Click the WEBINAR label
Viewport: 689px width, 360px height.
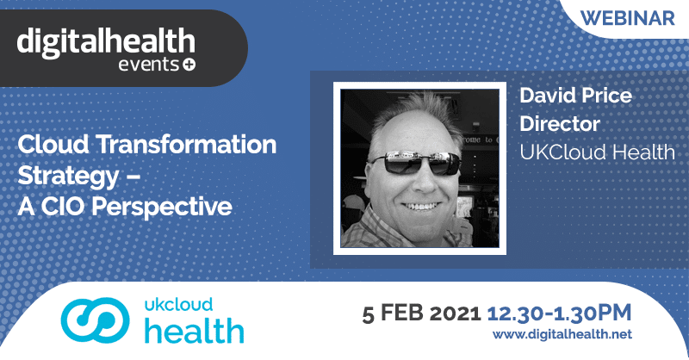(628, 18)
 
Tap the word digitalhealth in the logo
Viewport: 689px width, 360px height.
(106, 42)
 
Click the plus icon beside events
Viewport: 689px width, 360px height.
(189, 65)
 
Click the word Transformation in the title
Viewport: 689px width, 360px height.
(186, 144)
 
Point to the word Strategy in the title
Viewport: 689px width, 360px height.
(68, 177)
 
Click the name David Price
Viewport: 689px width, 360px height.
(575, 95)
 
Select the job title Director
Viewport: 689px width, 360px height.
(560, 123)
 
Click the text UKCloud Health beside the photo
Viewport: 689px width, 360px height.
(597, 152)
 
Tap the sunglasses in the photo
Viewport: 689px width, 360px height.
(415, 162)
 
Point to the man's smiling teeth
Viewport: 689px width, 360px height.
(421, 206)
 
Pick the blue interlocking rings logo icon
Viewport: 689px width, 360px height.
(95, 320)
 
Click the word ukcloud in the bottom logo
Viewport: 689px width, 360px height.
(178, 305)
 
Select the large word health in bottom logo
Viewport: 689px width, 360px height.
(195, 331)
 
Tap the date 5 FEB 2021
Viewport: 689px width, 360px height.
(421, 313)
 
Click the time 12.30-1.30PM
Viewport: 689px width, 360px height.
(559, 313)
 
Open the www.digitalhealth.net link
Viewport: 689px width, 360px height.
(562, 334)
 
